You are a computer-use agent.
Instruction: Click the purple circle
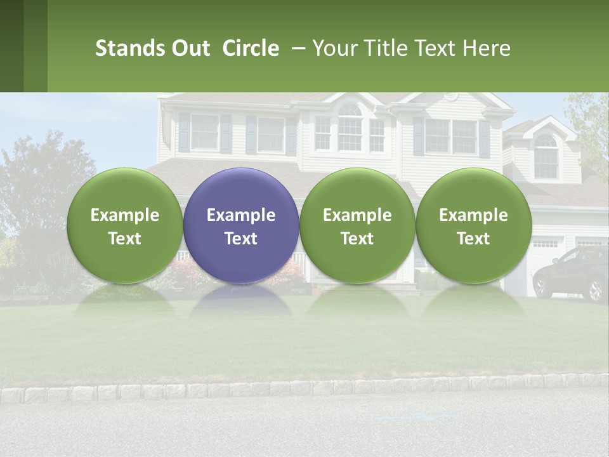coord(241,225)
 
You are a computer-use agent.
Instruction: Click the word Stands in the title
coord(121,48)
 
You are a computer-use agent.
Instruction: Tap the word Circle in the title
coord(251,48)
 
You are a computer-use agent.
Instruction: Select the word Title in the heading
coord(383,48)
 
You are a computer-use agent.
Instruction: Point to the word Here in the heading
coord(488,48)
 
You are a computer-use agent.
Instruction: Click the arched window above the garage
coord(546,156)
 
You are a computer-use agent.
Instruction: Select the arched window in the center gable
coord(350,127)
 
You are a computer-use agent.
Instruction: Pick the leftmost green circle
coord(125,225)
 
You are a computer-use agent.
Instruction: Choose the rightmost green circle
coord(474,225)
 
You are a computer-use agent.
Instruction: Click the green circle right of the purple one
coord(357,225)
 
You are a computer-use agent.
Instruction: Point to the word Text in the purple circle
coord(241,239)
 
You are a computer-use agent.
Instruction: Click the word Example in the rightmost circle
coord(474,215)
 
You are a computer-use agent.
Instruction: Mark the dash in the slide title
coord(298,48)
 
